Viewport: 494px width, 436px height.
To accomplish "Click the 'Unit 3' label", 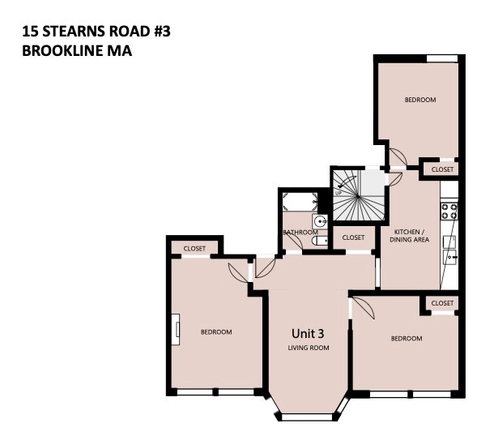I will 308,333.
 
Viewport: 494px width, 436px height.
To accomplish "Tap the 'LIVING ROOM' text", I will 308,348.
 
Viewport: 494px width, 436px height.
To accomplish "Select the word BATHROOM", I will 300,233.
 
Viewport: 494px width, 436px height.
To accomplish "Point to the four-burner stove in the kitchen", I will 449,211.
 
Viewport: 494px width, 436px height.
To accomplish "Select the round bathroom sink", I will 321,220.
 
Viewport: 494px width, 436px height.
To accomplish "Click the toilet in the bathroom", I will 320,240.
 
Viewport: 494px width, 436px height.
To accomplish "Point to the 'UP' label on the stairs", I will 339,192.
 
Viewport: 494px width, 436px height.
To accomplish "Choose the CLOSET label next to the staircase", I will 353,237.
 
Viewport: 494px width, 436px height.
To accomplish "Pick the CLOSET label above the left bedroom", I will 194,248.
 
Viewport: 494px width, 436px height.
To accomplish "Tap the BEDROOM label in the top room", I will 420,100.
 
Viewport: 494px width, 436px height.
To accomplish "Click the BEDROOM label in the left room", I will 216,331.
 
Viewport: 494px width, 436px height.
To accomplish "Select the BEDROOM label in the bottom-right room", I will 406,338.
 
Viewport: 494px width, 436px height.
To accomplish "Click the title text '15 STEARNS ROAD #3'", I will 96,32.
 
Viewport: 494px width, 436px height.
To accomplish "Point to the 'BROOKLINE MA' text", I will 78,50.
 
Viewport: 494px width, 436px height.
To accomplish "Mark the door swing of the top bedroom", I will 397,156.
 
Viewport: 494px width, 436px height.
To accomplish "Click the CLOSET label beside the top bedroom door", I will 442,169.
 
